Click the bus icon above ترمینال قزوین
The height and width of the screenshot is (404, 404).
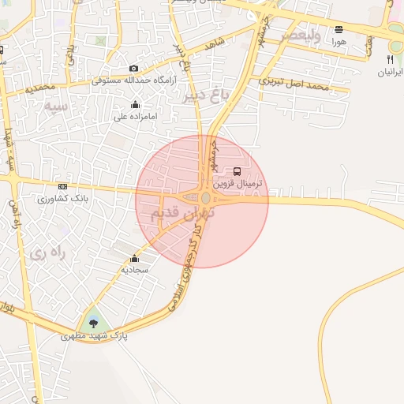tap(238, 171)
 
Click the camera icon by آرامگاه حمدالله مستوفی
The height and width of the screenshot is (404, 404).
tap(133, 69)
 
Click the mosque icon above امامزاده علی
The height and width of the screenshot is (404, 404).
tap(135, 105)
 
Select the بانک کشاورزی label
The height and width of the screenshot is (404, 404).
tap(63, 198)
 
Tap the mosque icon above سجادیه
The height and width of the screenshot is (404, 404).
tap(135, 258)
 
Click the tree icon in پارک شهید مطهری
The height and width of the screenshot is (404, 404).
tap(94, 322)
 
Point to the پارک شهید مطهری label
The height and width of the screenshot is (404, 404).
tap(95, 336)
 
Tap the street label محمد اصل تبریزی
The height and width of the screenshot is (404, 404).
tap(294, 82)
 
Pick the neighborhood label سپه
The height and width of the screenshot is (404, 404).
tap(54, 104)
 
